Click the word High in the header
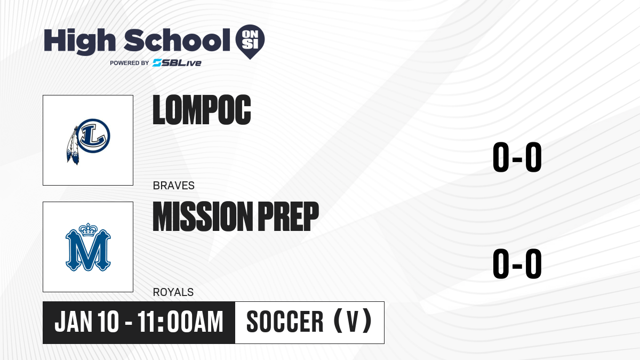(x=80, y=41)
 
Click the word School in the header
(x=177, y=40)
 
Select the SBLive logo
(x=177, y=63)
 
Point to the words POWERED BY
(x=130, y=63)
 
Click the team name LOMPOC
(x=202, y=110)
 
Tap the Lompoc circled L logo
(x=93, y=136)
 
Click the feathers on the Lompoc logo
(x=73, y=146)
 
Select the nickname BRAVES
(x=174, y=186)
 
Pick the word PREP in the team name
(x=289, y=217)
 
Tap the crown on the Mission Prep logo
(x=88, y=229)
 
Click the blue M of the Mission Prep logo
(x=88, y=250)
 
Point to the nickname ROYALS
(x=173, y=292)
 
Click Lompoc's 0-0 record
(x=517, y=157)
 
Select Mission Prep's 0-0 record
(x=517, y=263)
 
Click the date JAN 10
(x=86, y=322)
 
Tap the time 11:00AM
(x=180, y=322)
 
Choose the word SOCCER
(x=285, y=322)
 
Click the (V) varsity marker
(x=353, y=321)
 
